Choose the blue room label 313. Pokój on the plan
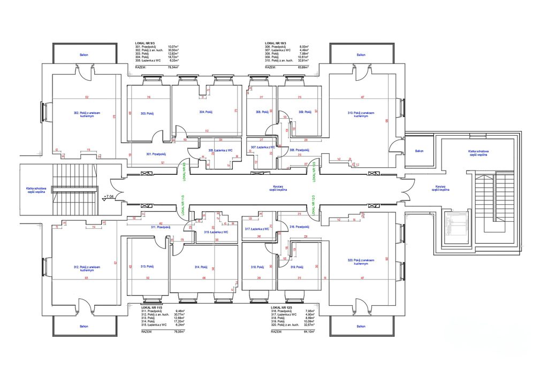tap(147, 266)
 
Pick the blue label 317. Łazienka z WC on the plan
tap(257, 229)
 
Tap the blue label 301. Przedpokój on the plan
tap(156, 154)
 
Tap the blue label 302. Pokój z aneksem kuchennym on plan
tap(87, 114)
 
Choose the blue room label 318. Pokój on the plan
tap(257, 267)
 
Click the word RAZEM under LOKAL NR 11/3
tap(147, 331)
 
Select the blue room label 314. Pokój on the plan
tap(201, 267)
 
